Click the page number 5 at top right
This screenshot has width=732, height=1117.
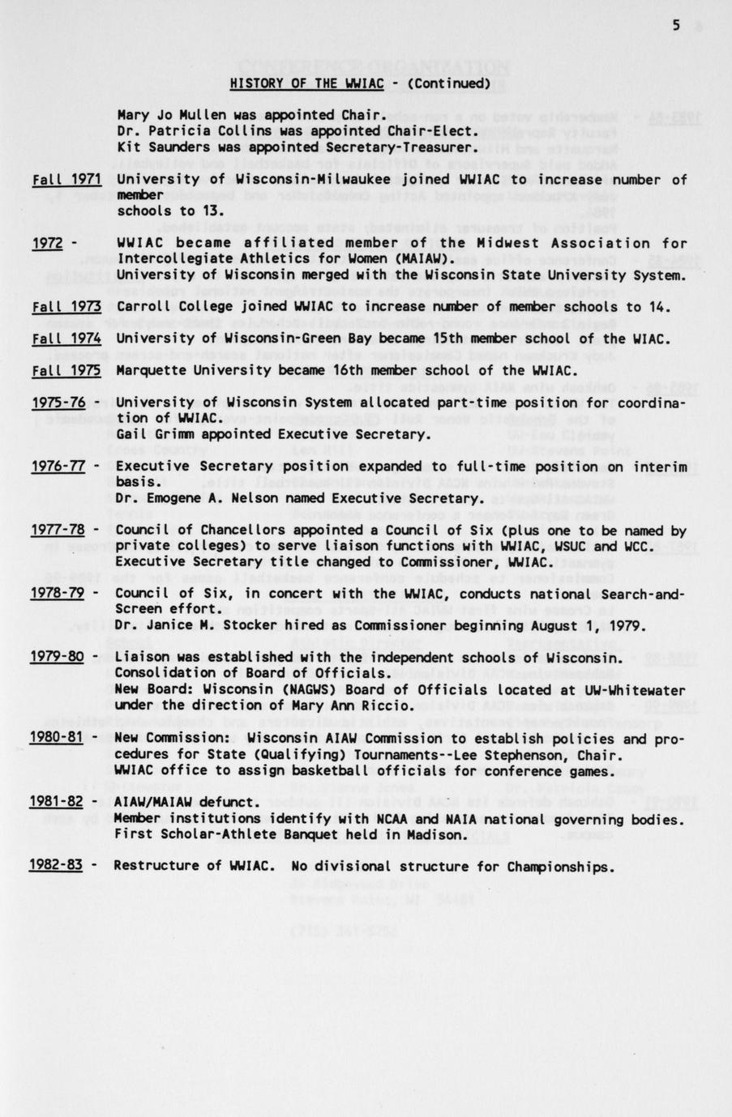(676, 25)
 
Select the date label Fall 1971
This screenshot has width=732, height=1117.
(66, 179)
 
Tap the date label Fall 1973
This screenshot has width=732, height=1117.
(66, 306)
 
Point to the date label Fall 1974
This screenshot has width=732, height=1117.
(66, 339)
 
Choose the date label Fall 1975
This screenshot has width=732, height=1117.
(66, 370)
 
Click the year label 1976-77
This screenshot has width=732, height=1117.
(58, 466)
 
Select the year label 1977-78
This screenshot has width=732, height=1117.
(58, 530)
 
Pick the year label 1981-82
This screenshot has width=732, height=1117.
(57, 802)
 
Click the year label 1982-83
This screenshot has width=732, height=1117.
(56, 865)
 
